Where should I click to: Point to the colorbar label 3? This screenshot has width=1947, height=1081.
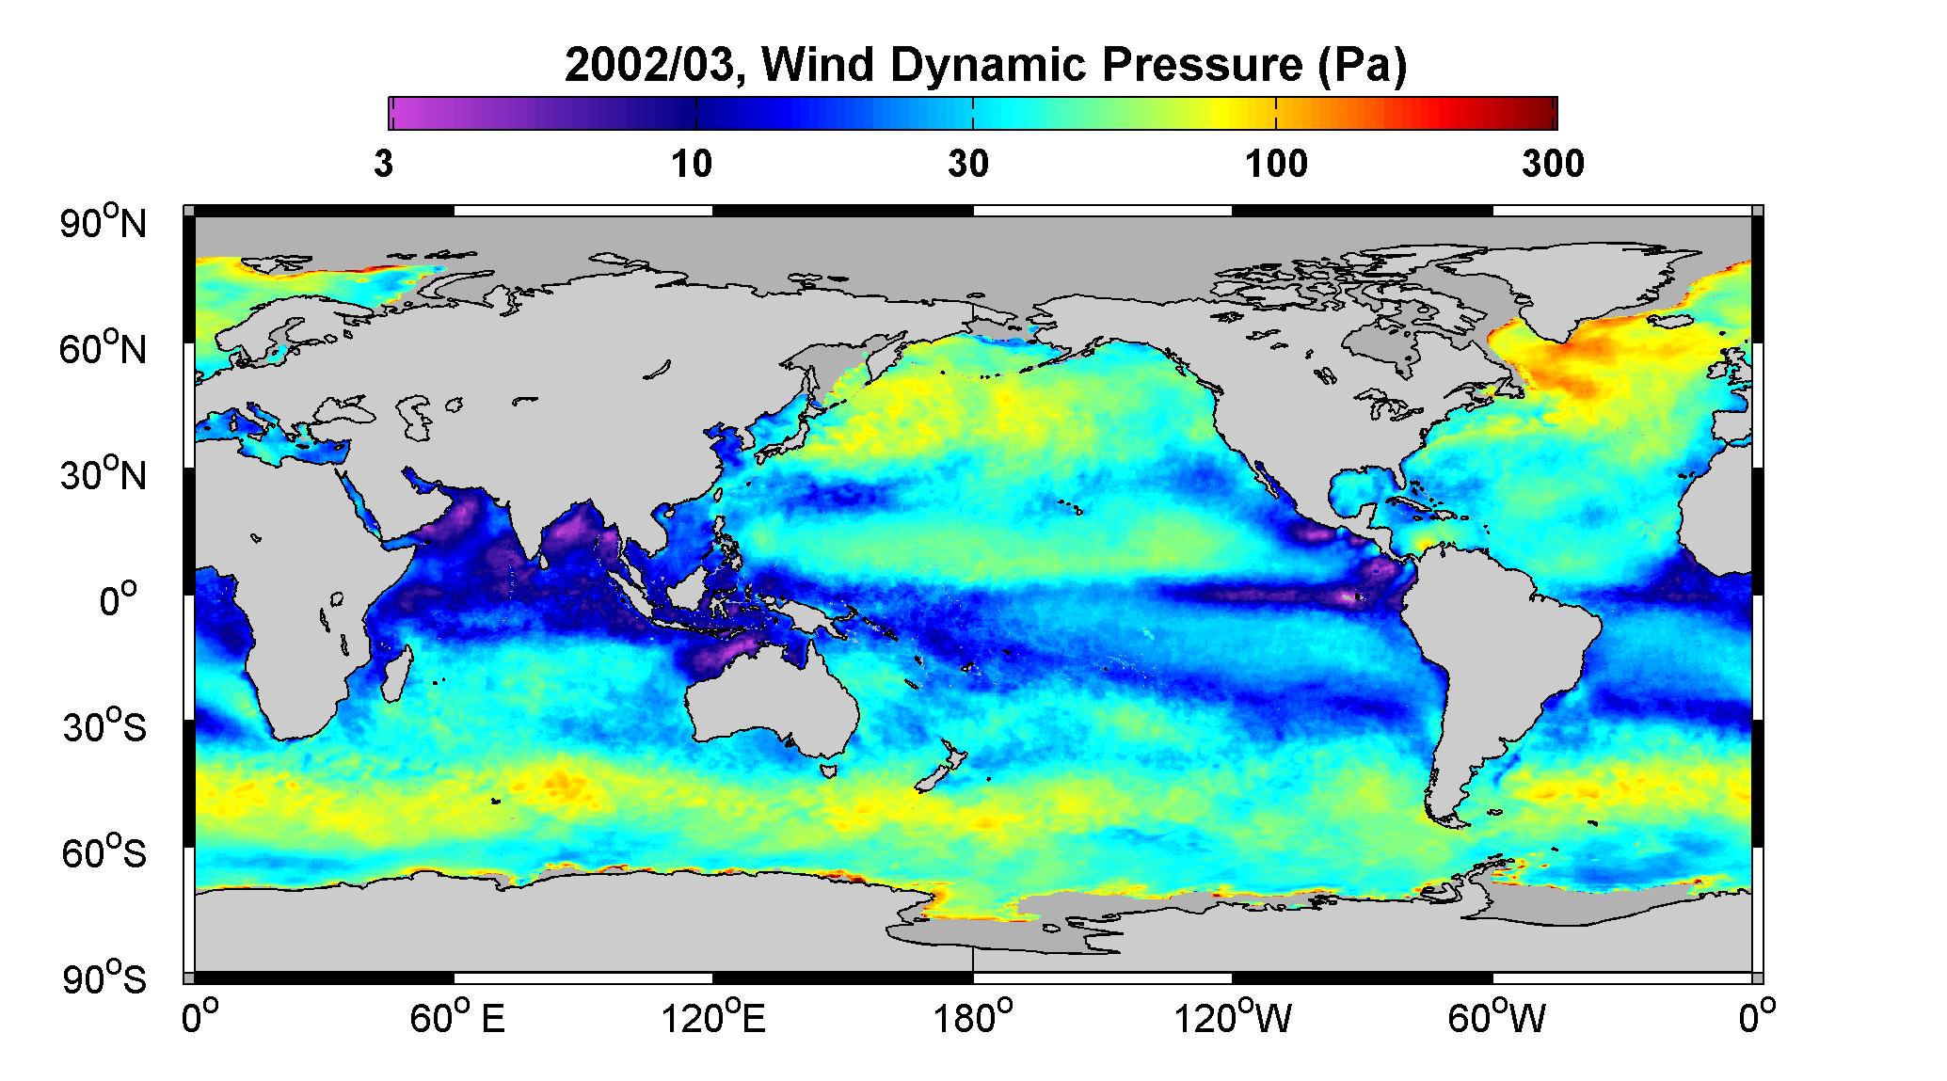pos(383,164)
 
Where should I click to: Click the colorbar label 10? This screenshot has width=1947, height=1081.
pos(692,164)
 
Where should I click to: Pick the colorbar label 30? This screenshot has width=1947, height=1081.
pos(968,164)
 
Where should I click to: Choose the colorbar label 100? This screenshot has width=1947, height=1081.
pos(1276,164)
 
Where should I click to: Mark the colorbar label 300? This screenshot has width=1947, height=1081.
pos(1553,164)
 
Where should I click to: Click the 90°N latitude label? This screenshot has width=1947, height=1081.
pos(104,223)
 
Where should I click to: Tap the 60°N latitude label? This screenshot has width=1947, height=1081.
pos(104,349)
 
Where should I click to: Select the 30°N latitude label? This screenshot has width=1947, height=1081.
pos(104,475)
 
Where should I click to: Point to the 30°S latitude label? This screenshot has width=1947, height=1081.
pos(104,727)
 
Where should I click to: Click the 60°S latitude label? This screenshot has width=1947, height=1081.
pos(104,853)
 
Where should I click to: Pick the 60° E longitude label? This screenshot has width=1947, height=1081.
pos(457,1018)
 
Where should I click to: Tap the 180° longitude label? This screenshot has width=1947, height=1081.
pos(972,1018)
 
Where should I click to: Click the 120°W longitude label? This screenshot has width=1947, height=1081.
pos(1233,1018)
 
